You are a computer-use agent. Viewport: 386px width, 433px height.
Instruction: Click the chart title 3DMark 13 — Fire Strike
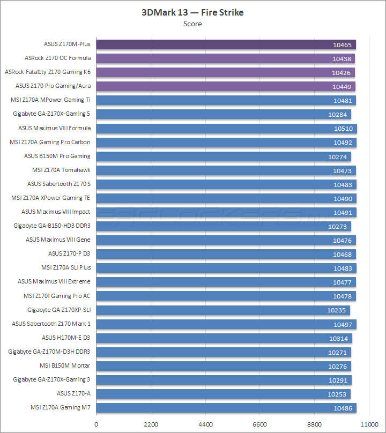pos(192,12)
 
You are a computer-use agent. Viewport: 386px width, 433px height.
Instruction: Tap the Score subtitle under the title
pos(192,24)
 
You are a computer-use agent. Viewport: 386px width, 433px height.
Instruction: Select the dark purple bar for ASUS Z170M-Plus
pos(226,44)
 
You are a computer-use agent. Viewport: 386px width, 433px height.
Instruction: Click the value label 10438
pos(342,58)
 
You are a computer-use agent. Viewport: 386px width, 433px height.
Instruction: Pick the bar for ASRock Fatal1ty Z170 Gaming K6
pos(225,72)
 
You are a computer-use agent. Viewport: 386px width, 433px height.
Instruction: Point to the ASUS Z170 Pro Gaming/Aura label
pos(53,86)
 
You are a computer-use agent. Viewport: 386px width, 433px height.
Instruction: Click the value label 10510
pos(343,128)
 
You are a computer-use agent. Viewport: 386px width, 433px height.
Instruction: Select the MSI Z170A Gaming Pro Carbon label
pos(50,142)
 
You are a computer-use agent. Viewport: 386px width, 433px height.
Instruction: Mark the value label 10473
pos(343,170)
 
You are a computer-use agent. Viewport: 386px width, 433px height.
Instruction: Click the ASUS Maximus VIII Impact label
pos(56,212)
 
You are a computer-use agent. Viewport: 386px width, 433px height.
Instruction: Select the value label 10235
pos(337,310)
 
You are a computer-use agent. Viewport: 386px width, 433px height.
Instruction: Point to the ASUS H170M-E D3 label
pos(66,338)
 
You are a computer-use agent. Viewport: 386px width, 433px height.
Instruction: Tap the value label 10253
pos(337,394)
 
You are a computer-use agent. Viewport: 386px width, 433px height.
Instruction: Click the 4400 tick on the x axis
pos(205,424)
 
